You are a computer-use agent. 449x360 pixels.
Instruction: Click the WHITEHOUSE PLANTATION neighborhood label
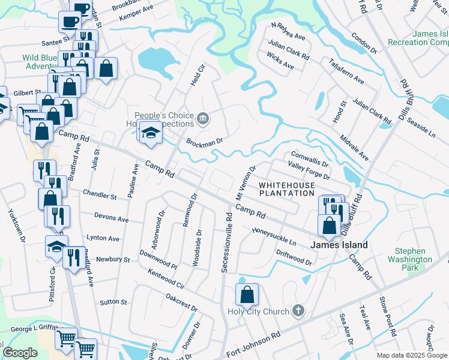tap(286, 190)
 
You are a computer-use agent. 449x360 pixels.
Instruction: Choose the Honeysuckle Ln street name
tap(274, 236)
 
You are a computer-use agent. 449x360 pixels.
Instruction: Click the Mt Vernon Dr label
tap(246, 183)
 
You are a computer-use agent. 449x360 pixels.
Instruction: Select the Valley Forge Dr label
tap(309, 171)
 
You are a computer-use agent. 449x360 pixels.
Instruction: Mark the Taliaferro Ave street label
tap(346, 71)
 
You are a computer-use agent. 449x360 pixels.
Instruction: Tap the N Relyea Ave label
tap(288, 31)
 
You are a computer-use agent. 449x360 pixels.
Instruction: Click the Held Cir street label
tap(193, 76)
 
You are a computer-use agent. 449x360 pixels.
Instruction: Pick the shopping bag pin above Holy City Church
tap(247, 295)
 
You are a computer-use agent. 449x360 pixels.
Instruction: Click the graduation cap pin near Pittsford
tap(56, 247)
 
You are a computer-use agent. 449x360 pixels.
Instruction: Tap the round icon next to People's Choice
tap(203, 118)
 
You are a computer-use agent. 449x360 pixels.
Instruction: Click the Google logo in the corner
tap(20, 352)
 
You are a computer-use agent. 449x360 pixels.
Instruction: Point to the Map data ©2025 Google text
tap(412, 355)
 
